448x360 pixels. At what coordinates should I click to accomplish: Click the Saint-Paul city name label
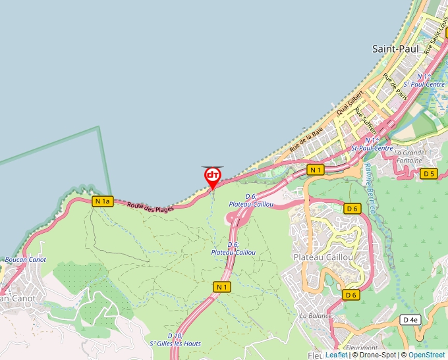(x=395, y=49)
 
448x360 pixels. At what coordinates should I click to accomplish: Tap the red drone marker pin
(x=213, y=176)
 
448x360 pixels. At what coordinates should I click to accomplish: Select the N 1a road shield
(x=102, y=201)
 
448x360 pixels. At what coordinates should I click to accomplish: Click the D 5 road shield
(x=429, y=174)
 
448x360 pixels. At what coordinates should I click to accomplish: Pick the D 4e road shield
(x=409, y=320)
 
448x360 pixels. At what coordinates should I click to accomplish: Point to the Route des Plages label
(x=151, y=208)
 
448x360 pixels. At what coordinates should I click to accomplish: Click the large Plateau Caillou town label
(x=323, y=257)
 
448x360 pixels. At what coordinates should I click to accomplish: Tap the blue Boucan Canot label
(x=25, y=259)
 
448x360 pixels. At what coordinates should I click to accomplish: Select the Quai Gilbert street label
(x=350, y=103)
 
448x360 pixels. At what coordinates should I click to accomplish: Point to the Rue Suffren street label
(x=364, y=120)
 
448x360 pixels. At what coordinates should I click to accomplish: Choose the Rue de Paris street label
(x=396, y=86)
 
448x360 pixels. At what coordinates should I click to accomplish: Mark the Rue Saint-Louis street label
(x=437, y=40)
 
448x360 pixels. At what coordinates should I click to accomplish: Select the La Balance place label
(x=316, y=316)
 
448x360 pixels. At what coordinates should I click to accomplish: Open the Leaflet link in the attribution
(x=336, y=355)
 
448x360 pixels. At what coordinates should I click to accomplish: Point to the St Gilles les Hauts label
(x=175, y=340)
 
